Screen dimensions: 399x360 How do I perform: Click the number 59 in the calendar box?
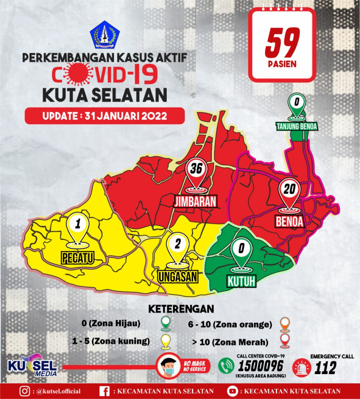(282, 42)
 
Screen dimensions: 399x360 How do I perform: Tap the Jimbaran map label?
(195, 201)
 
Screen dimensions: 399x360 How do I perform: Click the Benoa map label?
(289, 221)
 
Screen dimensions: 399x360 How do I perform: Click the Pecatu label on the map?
(78, 257)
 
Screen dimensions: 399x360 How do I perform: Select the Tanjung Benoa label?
(297, 126)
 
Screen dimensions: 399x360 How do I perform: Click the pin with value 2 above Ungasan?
(178, 246)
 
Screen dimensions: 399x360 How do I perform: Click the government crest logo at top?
(104, 35)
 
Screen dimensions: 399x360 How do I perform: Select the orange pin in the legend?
(285, 324)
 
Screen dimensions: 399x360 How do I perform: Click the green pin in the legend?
(166, 323)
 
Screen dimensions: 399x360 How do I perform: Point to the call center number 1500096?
(261, 367)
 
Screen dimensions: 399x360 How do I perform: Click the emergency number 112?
(325, 367)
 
